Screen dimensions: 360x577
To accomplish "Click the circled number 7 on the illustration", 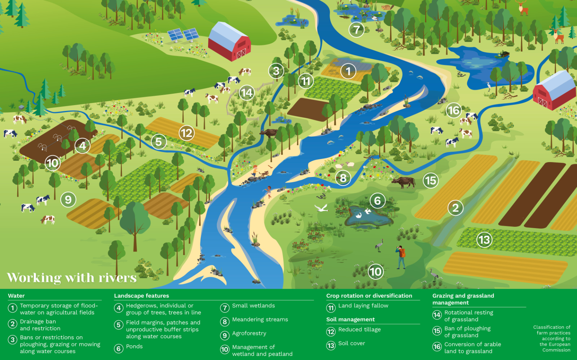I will point(356,30).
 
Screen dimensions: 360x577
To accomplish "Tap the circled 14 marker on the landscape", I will point(247,93).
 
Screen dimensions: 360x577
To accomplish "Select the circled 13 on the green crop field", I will point(484,240).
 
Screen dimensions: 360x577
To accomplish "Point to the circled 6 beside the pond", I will point(377,201).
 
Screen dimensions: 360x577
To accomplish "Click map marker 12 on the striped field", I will point(186,133).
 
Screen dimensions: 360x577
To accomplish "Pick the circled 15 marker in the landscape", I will point(431,181).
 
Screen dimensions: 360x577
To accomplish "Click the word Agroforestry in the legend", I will point(249,333).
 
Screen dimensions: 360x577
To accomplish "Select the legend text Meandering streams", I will point(260,320).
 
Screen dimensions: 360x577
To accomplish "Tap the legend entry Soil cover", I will point(351,343).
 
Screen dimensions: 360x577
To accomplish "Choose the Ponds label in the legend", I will point(134,347).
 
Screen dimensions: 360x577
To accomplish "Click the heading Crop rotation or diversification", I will point(369,296).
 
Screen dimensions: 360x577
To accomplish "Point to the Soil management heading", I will point(350,320).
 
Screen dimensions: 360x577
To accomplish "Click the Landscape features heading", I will point(141,296).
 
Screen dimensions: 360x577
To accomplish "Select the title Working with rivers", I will point(72,278).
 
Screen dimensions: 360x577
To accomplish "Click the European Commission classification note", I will point(552,338).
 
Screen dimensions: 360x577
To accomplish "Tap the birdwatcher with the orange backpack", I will point(401,257).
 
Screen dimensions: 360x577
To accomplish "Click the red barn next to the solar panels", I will point(229,41).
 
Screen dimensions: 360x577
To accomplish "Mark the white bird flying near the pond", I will point(321,208).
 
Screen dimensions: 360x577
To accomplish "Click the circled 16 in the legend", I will point(437,347).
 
